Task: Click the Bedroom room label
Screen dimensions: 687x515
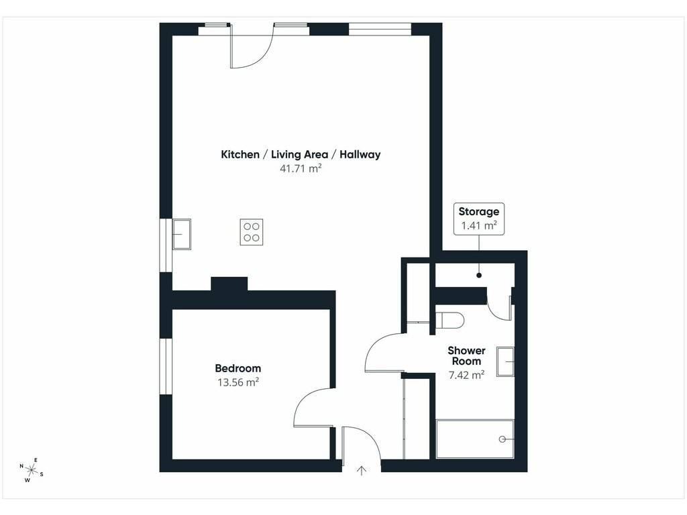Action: pos(238,368)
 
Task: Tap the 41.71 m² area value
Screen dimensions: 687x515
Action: pos(301,168)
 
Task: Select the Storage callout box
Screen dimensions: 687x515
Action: pos(479,219)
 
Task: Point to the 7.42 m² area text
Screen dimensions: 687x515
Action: pos(467,375)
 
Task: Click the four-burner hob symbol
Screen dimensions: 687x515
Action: pos(252,231)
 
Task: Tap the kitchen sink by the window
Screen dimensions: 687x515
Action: pos(181,234)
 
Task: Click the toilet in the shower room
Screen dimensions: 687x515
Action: pos(450,320)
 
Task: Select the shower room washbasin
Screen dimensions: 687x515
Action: pos(505,361)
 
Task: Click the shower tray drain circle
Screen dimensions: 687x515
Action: pos(502,439)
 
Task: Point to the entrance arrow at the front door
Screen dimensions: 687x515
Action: pos(362,471)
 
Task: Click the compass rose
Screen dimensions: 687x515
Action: pos(31,470)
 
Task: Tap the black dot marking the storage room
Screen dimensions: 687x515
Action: pos(479,276)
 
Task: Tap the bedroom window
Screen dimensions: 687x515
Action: pos(166,366)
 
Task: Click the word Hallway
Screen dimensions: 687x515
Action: pos(360,155)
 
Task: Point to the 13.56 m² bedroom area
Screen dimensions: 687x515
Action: pos(238,382)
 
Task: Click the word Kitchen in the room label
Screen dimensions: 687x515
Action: pos(240,155)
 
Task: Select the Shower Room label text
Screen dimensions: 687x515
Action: pos(467,356)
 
